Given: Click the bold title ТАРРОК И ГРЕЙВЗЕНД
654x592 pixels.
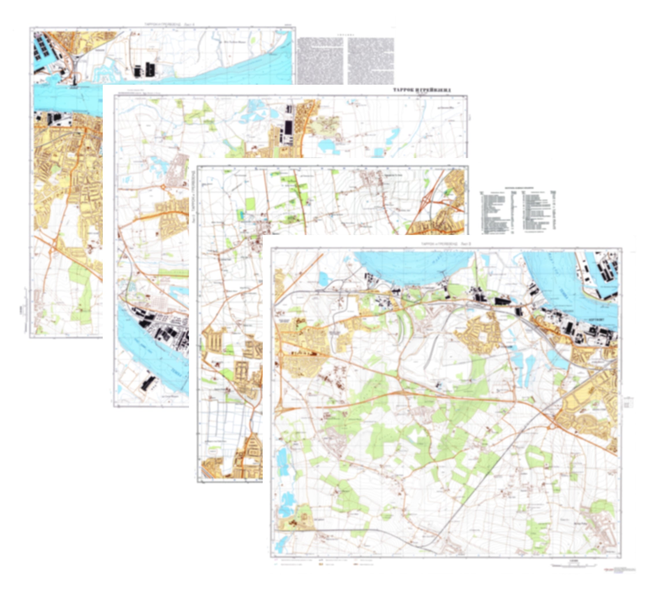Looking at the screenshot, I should (422, 90).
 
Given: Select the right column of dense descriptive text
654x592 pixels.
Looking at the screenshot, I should (371, 60).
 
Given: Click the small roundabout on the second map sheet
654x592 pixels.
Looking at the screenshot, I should (163, 187).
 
